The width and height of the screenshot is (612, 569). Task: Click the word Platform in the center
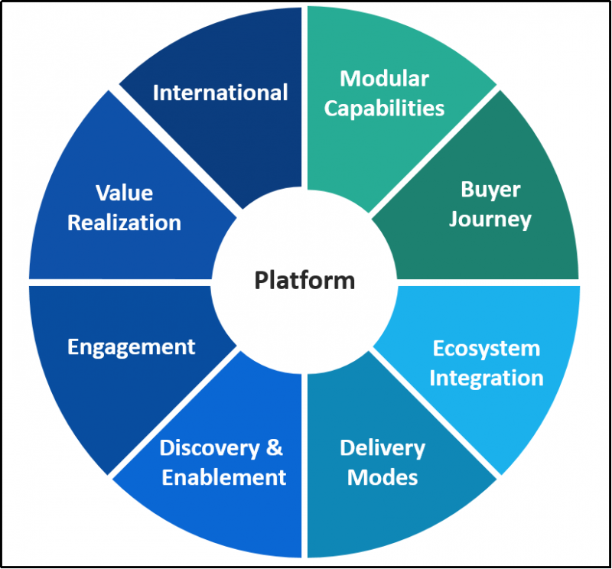coord(304,281)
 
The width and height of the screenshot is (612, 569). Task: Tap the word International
coord(220,93)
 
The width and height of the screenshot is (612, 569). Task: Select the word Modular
coord(384,78)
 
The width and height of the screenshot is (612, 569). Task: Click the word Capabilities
coord(384,108)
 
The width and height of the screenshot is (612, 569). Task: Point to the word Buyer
coord(490,190)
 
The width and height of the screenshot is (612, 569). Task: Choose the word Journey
coord(490,219)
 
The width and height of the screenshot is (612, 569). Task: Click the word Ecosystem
coord(487,349)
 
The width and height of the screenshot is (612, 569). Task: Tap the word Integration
coord(487,378)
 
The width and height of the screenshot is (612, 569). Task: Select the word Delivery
coord(382,448)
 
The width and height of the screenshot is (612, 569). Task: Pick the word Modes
coord(382,478)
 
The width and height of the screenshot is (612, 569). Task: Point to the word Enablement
coord(224,478)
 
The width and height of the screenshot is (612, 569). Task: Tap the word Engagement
coord(132,346)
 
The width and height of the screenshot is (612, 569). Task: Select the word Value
coord(124,193)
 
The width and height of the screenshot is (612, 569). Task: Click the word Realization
coord(124,223)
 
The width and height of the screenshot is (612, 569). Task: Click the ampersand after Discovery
coord(275,448)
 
